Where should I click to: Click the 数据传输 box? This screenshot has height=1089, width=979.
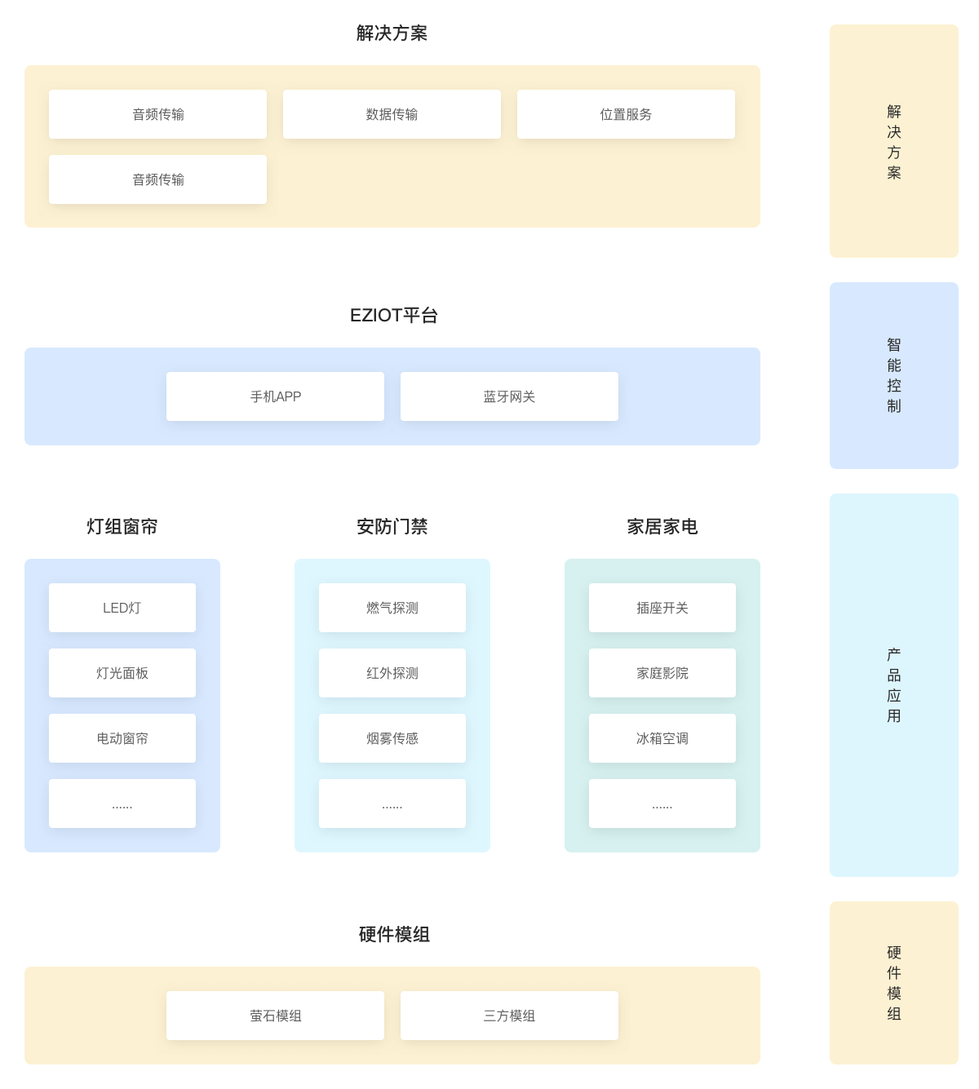392,114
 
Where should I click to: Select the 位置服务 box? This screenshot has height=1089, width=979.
626,114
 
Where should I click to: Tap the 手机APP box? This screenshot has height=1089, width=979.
275,396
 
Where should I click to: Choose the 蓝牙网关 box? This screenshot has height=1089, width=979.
509,396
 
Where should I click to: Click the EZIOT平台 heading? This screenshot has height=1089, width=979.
393,316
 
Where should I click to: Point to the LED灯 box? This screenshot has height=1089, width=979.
122,608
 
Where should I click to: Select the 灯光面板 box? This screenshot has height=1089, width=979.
122,673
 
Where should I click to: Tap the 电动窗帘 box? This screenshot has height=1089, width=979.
122,738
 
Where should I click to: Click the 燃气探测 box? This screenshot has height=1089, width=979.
392,608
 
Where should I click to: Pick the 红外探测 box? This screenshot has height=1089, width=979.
392,673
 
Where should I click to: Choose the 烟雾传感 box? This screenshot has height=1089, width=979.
392,738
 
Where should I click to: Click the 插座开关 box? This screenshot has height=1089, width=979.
662,608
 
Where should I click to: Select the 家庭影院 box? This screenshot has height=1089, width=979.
662,673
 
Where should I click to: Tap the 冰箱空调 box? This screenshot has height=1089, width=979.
662,738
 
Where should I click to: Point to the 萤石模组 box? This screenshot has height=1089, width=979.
275,1016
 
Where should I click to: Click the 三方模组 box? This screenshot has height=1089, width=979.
509,1016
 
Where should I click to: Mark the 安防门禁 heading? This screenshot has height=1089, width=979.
392,527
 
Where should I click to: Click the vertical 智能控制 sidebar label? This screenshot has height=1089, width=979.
894,375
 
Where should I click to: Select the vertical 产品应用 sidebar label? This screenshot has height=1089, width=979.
894,685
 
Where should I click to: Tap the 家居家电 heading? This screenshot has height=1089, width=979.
662,527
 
